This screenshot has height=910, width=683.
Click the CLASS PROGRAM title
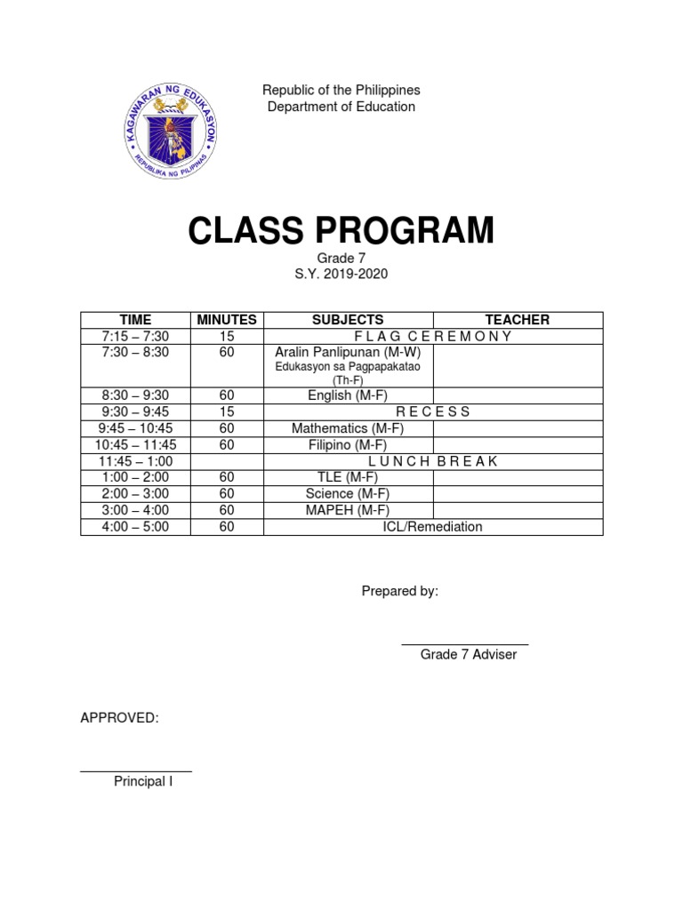pyautogui.click(x=341, y=231)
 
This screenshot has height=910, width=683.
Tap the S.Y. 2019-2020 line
pyautogui.click(x=341, y=275)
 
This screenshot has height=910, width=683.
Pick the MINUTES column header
pyautogui.click(x=227, y=320)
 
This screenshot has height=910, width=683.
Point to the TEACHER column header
pyautogui.click(x=517, y=320)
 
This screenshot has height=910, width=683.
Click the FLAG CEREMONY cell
pyautogui.click(x=434, y=336)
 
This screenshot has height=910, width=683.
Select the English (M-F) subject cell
pyautogui.click(x=348, y=395)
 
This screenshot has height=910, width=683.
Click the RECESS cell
pyautogui.click(x=433, y=411)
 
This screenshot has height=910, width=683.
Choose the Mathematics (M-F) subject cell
pyautogui.click(x=348, y=428)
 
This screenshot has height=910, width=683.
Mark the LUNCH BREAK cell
pyautogui.click(x=433, y=461)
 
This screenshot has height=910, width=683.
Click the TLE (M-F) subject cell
pyautogui.click(x=348, y=477)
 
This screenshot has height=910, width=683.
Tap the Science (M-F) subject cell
pyautogui.click(x=348, y=493)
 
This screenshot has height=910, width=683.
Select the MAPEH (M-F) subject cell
pyautogui.click(x=348, y=510)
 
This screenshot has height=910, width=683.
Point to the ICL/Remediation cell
pyautogui.click(x=433, y=527)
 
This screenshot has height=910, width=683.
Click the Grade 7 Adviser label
pyautogui.click(x=469, y=655)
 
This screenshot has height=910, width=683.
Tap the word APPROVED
pyautogui.click(x=119, y=718)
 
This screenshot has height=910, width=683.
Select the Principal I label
pyautogui.click(x=143, y=782)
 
